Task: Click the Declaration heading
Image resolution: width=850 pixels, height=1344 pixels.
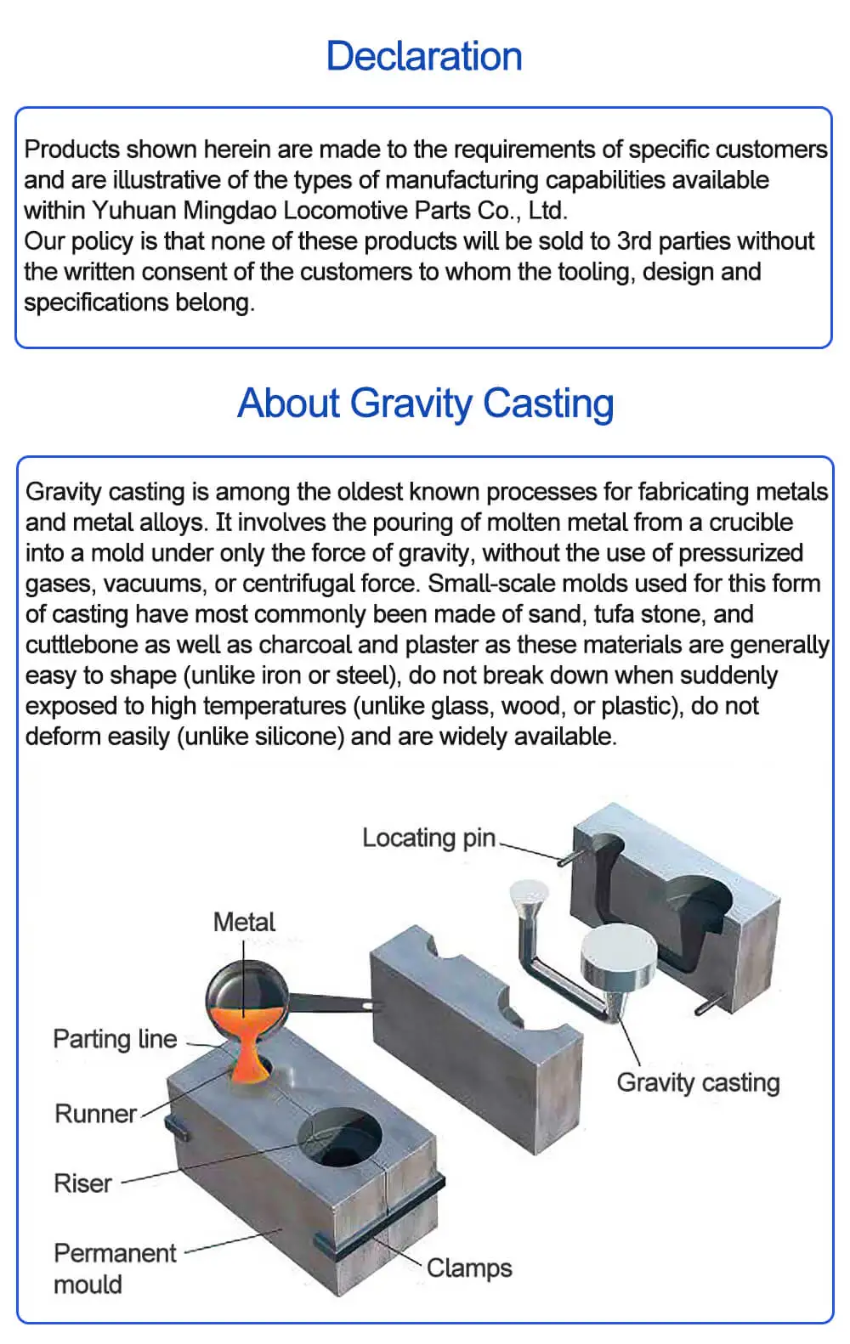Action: tap(424, 56)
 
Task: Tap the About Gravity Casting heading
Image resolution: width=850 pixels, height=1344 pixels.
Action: tap(425, 404)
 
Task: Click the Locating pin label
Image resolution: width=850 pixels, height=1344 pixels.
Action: tap(428, 838)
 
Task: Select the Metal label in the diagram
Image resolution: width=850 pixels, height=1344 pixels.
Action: tap(244, 922)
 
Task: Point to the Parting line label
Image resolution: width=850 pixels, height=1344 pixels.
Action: tap(115, 1039)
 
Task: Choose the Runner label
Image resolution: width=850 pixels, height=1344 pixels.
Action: tap(95, 1114)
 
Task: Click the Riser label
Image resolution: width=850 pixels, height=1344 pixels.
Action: tap(82, 1183)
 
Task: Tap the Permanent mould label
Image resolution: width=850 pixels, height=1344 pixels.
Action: tap(114, 1268)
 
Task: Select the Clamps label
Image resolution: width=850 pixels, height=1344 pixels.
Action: tap(469, 1268)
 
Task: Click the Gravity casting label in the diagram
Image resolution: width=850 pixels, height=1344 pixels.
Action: tap(698, 1082)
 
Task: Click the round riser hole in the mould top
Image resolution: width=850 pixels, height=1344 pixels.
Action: tap(339, 1139)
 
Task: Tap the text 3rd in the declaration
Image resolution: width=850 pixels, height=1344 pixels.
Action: tap(634, 241)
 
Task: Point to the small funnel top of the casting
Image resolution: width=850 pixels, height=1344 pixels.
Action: tap(529, 893)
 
